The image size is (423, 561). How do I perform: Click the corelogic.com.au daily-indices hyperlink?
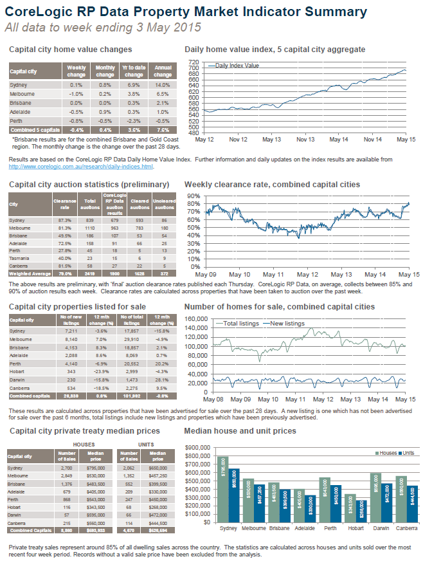[81, 167]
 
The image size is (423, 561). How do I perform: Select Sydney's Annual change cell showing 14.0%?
[163, 85]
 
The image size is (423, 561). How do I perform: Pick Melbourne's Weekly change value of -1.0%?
[77, 93]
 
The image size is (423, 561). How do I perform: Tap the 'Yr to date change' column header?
[134, 71]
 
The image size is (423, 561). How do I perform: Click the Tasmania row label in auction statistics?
[20, 257]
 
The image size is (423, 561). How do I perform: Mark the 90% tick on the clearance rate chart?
[194, 196]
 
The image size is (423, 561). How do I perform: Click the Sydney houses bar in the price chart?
[222, 489]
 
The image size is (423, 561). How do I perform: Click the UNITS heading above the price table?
[146, 444]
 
